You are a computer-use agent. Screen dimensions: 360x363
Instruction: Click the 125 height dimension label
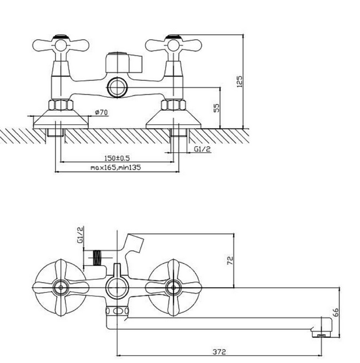click(240, 81)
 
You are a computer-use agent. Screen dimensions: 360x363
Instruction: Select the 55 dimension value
click(217, 108)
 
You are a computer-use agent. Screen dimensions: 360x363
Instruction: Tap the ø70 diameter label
click(101, 112)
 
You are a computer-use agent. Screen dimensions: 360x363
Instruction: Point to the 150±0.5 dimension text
click(117, 158)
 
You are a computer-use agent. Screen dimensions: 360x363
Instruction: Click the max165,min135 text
click(116, 167)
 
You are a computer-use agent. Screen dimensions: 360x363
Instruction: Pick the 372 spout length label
click(219, 352)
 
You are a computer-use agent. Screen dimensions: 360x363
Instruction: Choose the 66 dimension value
click(336, 312)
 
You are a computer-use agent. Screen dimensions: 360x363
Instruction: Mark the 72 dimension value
click(230, 260)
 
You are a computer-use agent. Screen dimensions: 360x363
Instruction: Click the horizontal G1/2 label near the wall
click(202, 149)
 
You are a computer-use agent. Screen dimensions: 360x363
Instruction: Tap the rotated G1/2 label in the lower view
click(80, 235)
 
